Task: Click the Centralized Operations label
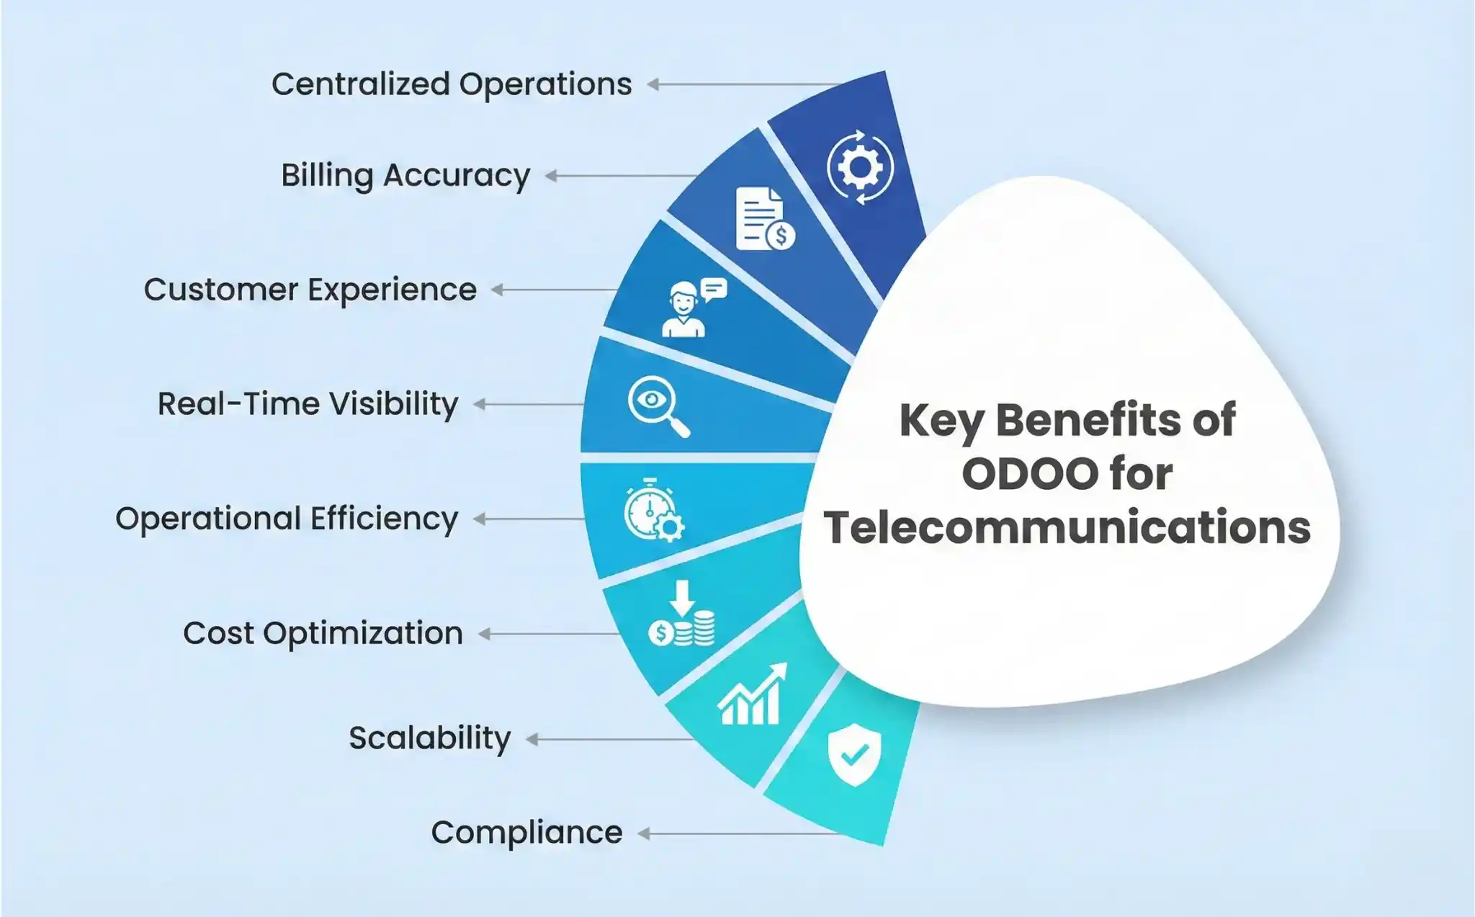[x=452, y=84]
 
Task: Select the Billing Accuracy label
[x=405, y=175]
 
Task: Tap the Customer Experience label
[x=310, y=290]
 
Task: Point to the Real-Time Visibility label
[x=308, y=404]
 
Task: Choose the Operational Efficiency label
[x=287, y=519]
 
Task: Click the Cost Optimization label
[x=323, y=633]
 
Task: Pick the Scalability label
[x=430, y=738]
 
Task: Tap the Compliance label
[x=526, y=833]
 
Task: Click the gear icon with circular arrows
[x=860, y=167]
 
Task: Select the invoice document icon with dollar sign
[x=764, y=219]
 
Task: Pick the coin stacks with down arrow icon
[x=682, y=615]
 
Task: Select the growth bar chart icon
[x=751, y=695]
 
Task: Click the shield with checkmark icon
[x=854, y=754]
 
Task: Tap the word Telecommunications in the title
[x=1067, y=527]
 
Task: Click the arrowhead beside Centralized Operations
[x=653, y=84]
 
